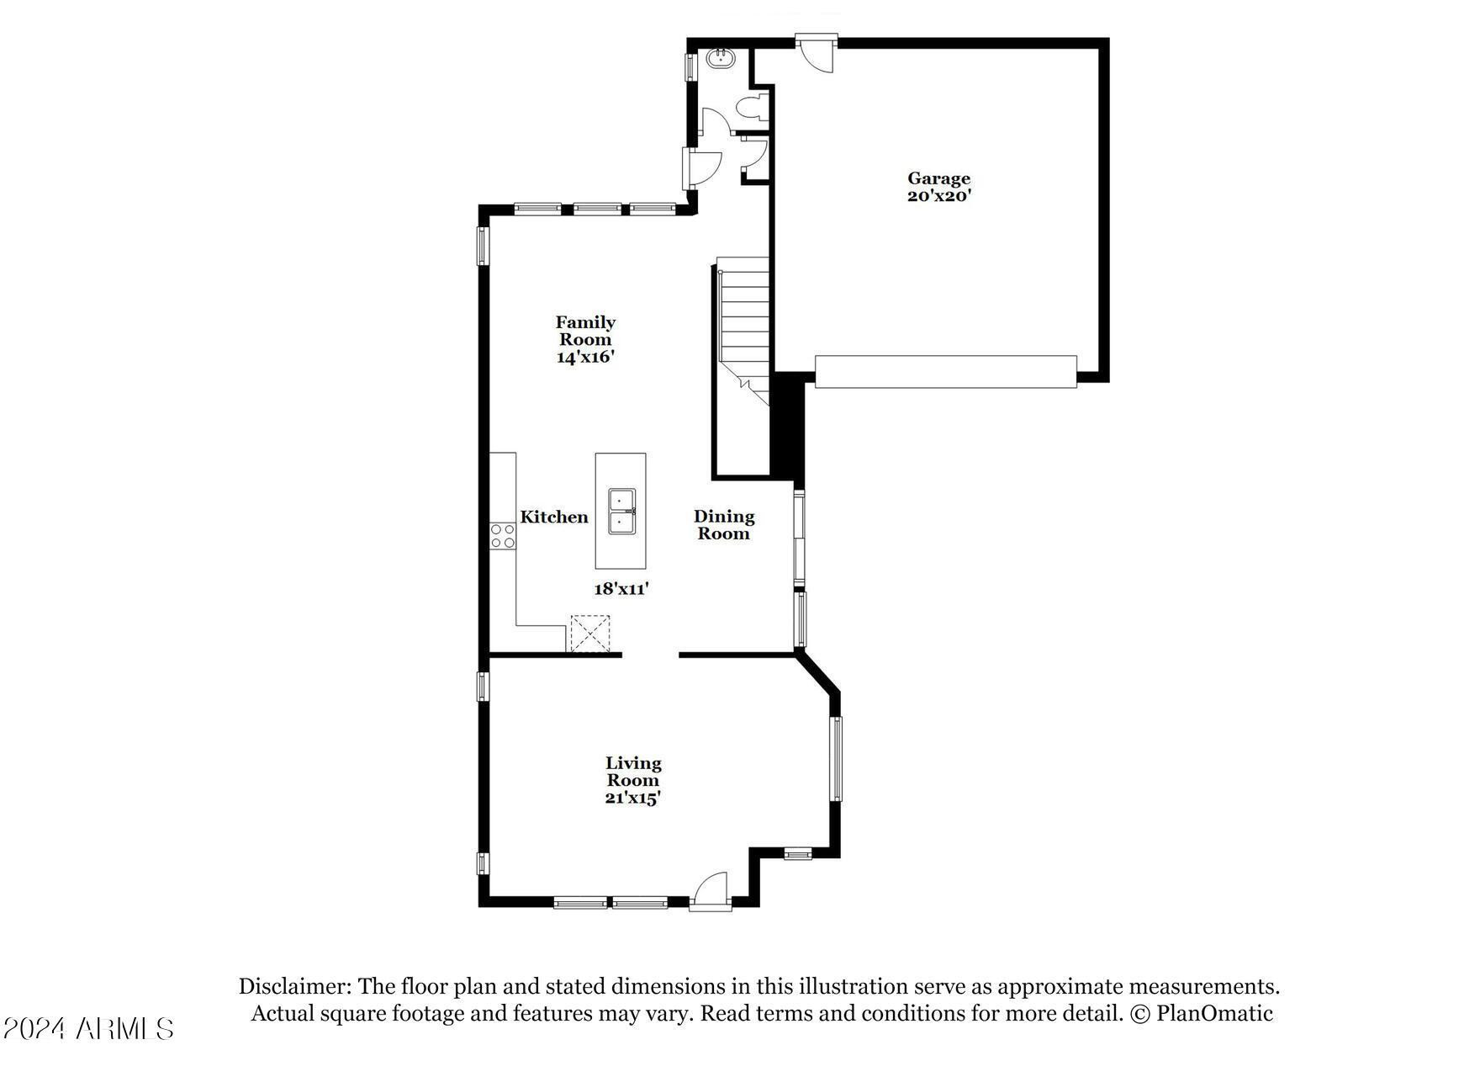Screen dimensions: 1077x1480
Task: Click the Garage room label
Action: pos(938,178)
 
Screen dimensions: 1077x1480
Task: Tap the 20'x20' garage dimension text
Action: pos(938,196)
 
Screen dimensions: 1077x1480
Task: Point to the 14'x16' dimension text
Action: pos(585,357)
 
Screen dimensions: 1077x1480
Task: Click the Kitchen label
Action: pos(554,517)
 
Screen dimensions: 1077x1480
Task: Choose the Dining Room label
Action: pos(724,525)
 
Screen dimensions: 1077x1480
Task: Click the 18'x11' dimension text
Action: pos(621,589)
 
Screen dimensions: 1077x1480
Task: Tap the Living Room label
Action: pos(633,772)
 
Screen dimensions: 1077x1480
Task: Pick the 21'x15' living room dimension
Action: pos(633,798)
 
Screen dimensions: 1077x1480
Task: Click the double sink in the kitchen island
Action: pos(621,511)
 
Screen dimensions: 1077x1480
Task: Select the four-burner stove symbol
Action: pos(503,536)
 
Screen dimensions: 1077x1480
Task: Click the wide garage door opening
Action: pos(945,371)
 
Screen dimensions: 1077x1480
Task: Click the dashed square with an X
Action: pos(590,634)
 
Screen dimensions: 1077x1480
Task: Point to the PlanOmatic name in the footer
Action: pos(1214,1014)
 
